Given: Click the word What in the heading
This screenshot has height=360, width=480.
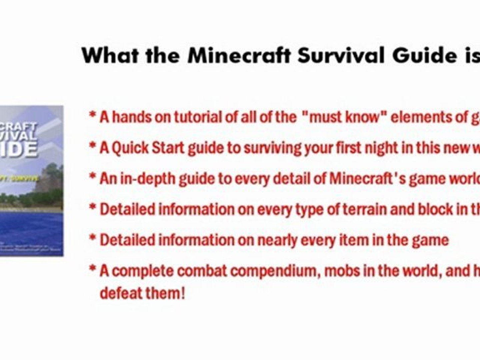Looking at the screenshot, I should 110,56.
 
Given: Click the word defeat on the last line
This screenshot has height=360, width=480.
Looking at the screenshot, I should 121,293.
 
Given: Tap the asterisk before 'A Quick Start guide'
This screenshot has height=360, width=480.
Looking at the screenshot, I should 92,146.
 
